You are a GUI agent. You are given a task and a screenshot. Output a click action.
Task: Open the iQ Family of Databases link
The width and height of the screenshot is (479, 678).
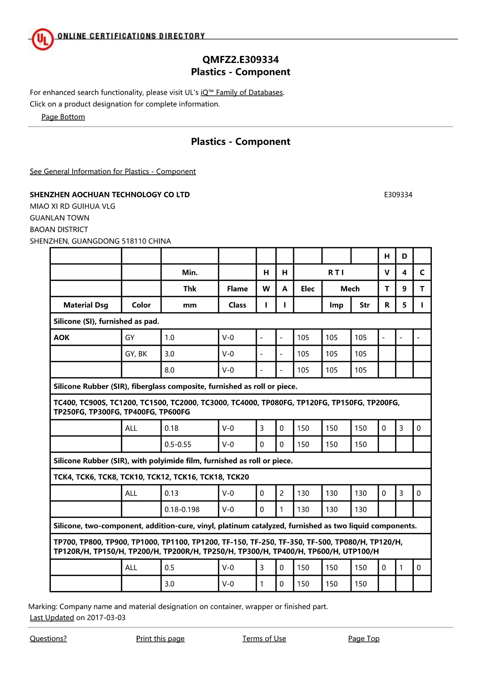pyautogui.click(x=242, y=92)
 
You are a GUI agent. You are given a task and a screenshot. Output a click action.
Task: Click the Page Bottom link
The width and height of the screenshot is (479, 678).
pyautogui.click(x=63, y=117)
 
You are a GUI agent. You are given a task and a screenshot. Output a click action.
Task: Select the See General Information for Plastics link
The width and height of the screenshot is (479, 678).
pyautogui.click(x=113, y=171)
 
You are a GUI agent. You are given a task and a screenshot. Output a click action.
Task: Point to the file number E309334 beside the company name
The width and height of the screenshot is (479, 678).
pyautogui.click(x=398, y=195)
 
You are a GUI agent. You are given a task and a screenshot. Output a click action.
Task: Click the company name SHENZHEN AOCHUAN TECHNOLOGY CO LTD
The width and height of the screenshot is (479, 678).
pyautogui.click(x=110, y=195)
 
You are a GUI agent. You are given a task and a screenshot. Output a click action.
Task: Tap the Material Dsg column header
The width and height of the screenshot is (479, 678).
pyautogui.click(x=86, y=305)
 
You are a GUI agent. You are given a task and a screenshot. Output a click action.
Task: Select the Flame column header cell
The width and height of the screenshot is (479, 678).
pyautogui.click(x=237, y=288)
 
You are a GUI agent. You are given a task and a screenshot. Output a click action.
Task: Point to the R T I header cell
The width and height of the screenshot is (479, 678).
pyautogui.click(x=336, y=272)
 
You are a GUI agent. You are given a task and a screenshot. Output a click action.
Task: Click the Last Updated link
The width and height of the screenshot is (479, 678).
pyautogui.click(x=52, y=618)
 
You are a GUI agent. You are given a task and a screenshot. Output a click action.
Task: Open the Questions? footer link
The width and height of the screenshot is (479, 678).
pyautogui.click(x=48, y=638)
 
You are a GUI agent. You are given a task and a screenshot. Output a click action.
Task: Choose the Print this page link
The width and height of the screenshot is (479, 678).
pyautogui.click(x=160, y=638)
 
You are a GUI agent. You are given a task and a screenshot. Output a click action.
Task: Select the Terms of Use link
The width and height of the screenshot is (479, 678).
pyautogui.click(x=264, y=638)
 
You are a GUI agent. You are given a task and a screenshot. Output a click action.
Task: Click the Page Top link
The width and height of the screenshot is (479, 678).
pyautogui.click(x=363, y=638)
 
